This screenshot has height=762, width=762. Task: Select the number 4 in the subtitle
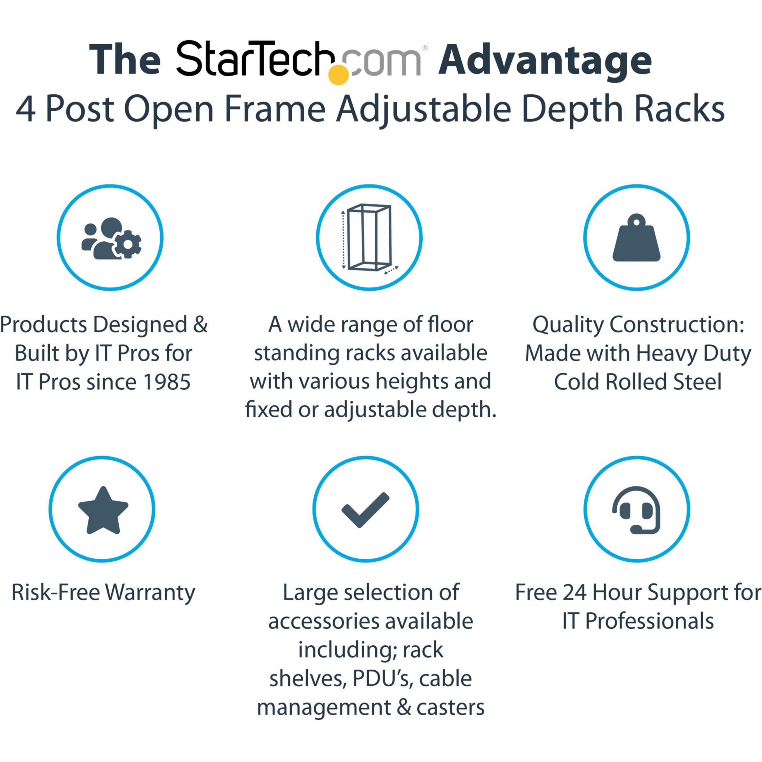coord(26,110)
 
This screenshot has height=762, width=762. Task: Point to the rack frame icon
coord(369,238)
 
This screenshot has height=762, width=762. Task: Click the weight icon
coord(636,238)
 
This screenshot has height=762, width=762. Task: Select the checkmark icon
coord(365,510)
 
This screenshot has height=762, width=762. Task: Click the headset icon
coord(636,510)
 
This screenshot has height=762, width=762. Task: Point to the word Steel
coord(697,382)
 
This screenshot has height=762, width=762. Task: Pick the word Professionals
coord(649,621)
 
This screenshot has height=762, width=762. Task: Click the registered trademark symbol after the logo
coord(425,48)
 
